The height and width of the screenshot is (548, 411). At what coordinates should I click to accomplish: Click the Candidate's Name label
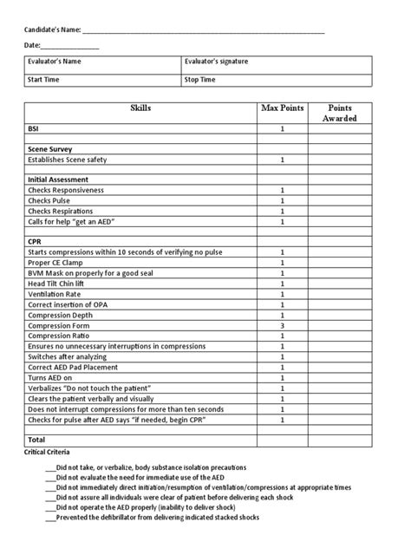click(x=52, y=29)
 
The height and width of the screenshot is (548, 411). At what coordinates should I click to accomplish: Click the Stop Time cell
click(x=276, y=81)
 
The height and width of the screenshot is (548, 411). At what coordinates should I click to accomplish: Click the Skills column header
click(x=140, y=108)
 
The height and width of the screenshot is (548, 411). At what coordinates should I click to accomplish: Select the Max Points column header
click(x=283, y=108)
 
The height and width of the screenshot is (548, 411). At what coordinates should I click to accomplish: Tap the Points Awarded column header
click(x=339, y=113)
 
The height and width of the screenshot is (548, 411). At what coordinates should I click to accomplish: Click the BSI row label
click(x=34, y=128)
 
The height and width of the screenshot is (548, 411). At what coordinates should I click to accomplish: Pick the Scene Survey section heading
click(x=49, y=149)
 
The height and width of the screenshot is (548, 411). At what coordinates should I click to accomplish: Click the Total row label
click(x=36, y=440)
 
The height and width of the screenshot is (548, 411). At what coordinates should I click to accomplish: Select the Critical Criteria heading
click(x=48, y=453)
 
